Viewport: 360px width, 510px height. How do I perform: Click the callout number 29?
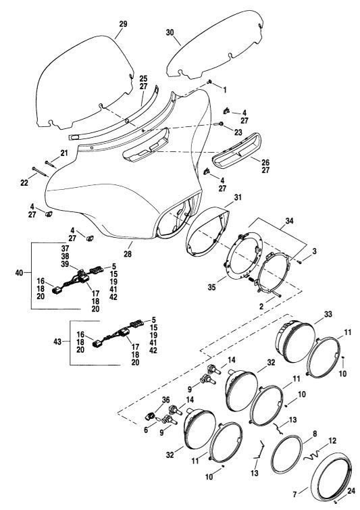coord(123,24)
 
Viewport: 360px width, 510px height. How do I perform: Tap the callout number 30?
coord(170,32)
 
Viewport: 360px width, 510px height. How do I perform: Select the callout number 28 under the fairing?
coord(128,254)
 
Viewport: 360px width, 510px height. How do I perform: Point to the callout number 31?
coord(238,197)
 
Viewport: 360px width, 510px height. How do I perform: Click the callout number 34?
coord(289,221)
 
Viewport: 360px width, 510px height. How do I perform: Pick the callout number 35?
coord(211,288)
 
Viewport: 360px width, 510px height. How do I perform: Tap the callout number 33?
coord(328,315)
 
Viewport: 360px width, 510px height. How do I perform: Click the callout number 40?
coord(19,273)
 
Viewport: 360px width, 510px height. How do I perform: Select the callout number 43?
coord(57,342)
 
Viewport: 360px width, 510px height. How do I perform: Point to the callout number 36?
coord(166,399)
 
